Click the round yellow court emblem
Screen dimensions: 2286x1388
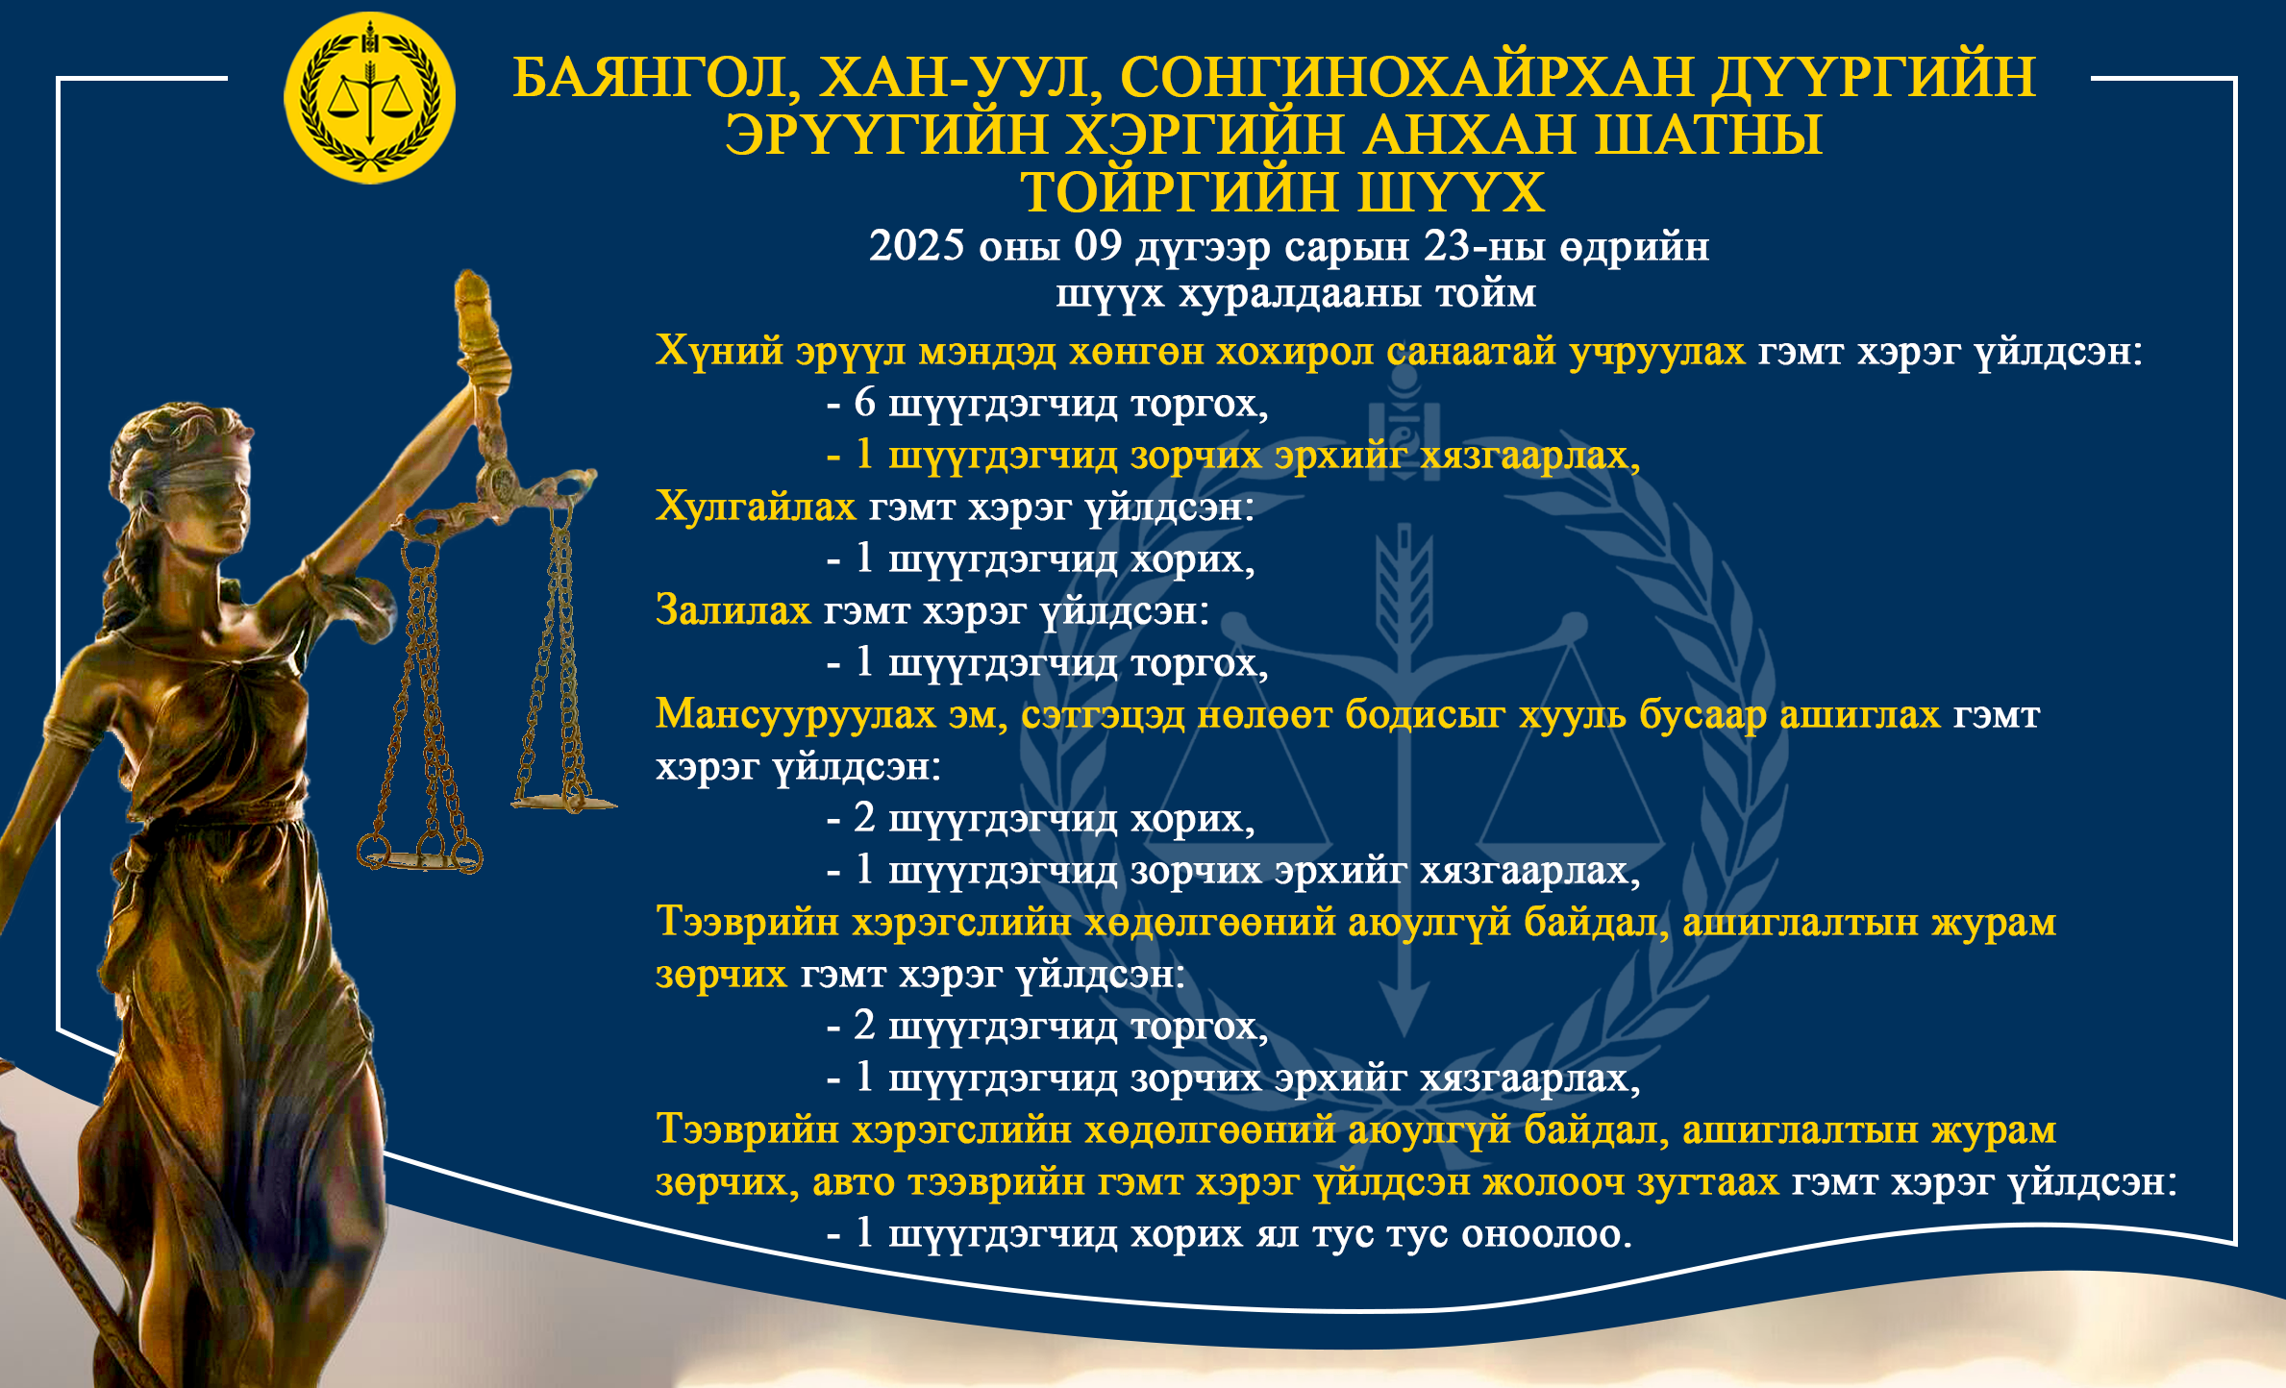(x=369, y=98)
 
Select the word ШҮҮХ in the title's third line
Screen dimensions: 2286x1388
(x=1451, y=192)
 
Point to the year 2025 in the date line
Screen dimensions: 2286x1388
(x=916, y=246)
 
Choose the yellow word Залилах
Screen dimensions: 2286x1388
(x=733, y=610)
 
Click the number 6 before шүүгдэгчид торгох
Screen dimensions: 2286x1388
(x=864, y=403)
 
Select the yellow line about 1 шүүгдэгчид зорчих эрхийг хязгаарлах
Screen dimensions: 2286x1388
(x=1233, y=456)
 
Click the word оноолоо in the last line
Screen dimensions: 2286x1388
(x=1547, y=1234)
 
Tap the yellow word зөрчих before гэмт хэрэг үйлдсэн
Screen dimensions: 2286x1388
(x=721, y=975)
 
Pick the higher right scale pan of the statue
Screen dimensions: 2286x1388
(x=564, y=801)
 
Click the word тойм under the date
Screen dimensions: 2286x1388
(x=1485, y=293)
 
